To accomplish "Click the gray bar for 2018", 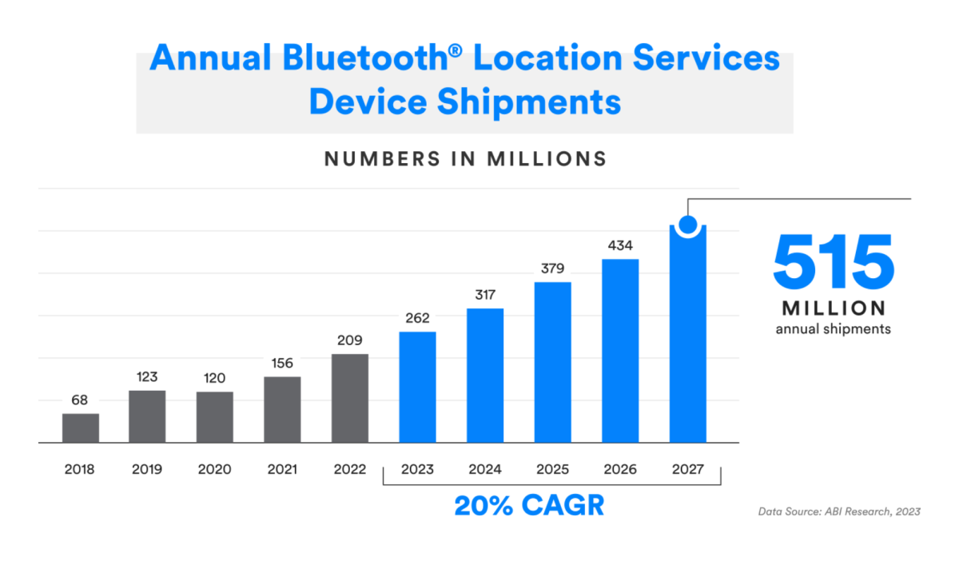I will pyautogui.click(x=81, y=428).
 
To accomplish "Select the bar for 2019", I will pyautogui.click(x=147, y=416).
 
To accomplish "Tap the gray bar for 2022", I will pyautogui.click(x=349, y=398).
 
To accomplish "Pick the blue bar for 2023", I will pyautogui.click(x=417, y=387).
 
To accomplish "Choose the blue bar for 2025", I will pyautogui.click(x=552, y=362).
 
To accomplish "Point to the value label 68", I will pyautogui.click(x=80, y=400).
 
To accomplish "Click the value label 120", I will pyautogui.click(x=214, y=378).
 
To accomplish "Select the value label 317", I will pyautogui.click(x=485, y=295).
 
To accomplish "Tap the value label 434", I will pyautogui.click(x=620, y=245).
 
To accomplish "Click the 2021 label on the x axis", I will pyautogui.click(x=282, y=469).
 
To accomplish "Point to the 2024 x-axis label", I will pyautogui.click(x=485, y=469).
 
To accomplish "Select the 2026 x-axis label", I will pyautogui.click(x=620, y=469).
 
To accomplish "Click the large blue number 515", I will pyautogui.click(x=833, y=262).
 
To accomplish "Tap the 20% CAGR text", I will pyautogui.click(x=529, y=505).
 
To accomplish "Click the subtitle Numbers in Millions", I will pyautogui.click(x=465, y=159).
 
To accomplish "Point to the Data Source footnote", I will pyautogui.click(x=839, y=511).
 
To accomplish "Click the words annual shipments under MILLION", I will pyautogui.click(x=833, y=328).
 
